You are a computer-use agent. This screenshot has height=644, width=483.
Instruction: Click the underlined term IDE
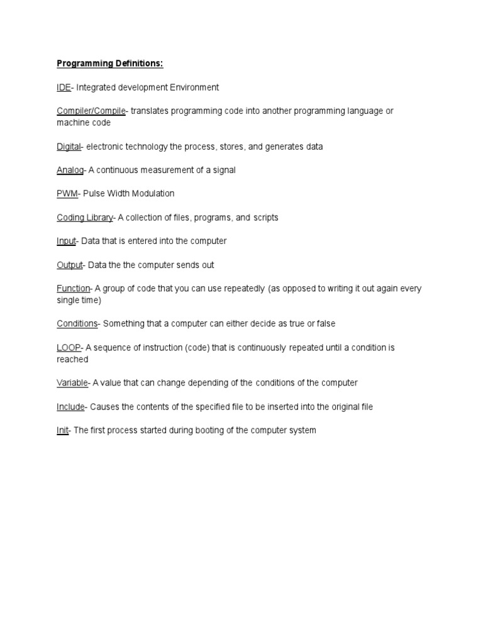pos(64,87)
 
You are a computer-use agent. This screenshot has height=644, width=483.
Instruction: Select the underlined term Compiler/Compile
pos(91,111)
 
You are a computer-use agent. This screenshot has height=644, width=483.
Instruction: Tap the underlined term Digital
pos(69,147)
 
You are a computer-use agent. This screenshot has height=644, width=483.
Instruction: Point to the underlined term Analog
pos(70,170)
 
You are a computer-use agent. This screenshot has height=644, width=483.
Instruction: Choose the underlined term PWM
pos(67,194)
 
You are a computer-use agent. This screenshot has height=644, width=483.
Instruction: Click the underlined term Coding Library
pos(84,218)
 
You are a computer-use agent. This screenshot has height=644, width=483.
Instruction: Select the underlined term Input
pos(66,241)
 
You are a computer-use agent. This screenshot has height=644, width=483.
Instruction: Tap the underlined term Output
pos(69,265)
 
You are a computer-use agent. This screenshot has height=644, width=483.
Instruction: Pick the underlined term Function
pos(74,289)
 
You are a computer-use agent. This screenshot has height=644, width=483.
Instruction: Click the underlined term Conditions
pos(77,324)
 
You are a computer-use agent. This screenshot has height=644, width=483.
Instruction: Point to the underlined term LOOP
pos(69,348)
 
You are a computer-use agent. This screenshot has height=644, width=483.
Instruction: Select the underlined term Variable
pos(72,383)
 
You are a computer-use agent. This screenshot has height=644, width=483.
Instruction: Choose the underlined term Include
pos(70,407)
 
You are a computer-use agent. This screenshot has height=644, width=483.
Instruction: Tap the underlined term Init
pos(62,431)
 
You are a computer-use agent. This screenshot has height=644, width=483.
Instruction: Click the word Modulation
pos(152,194)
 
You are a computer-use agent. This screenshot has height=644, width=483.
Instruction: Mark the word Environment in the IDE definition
pos(192,87)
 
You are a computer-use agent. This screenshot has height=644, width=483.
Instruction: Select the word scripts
pos(266,218)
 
